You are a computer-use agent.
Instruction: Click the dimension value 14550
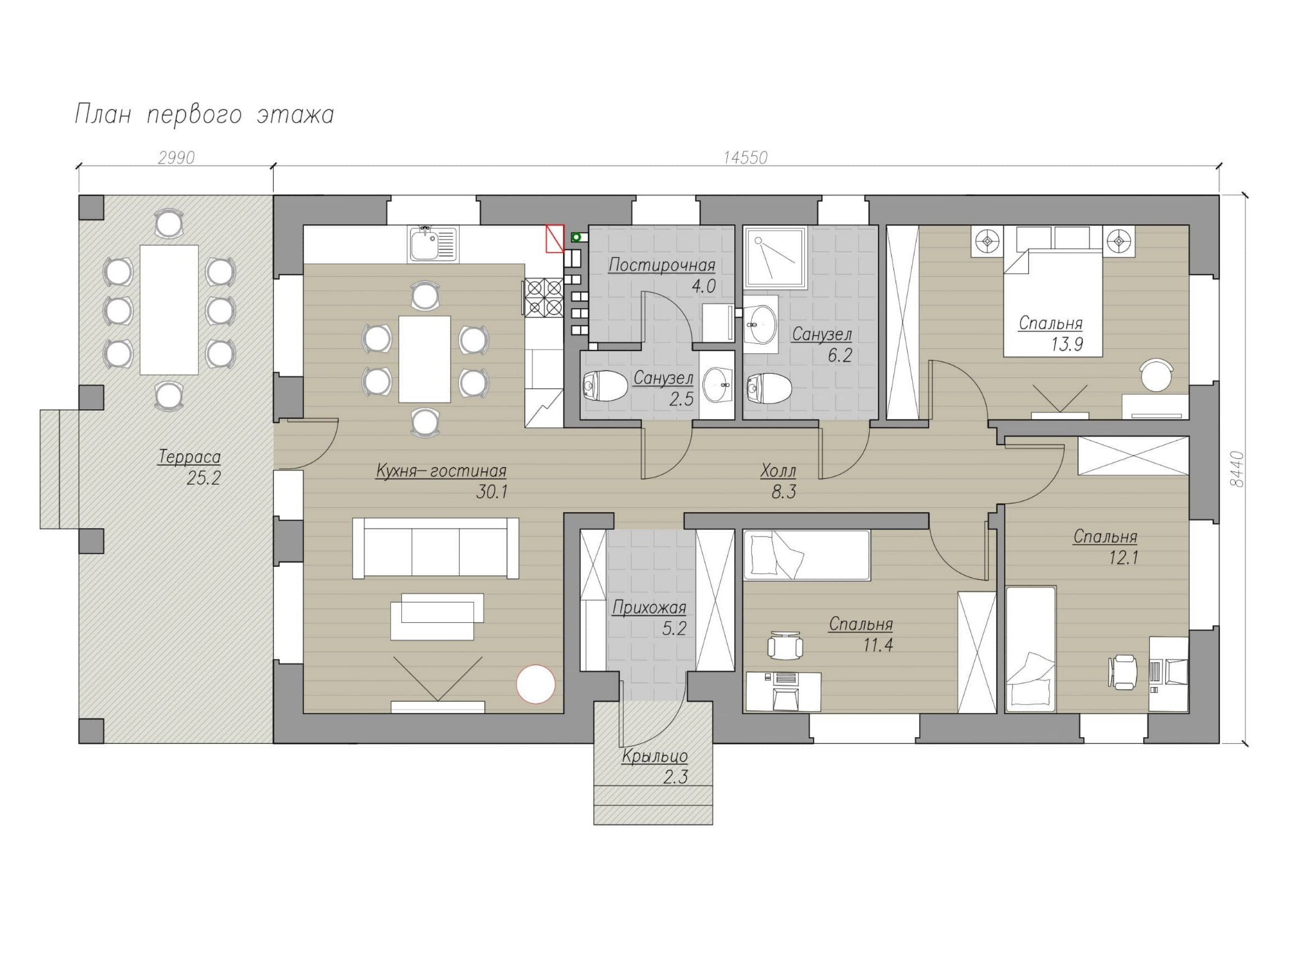click(x=745, y=158)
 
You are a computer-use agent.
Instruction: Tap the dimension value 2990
click(x=176, y=158)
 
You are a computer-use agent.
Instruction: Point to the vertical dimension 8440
click(x=1236, y=469)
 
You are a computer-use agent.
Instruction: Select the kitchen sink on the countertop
click(x=433, y=244)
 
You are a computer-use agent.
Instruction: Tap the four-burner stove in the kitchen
click(x=543, y=297)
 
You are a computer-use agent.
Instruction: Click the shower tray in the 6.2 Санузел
click(x=776, y=258)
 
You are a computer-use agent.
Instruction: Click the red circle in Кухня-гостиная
click(x=535, y=684)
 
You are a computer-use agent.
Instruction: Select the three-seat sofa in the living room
click(x=435, y=548)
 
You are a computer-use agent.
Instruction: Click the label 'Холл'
click(x=778, y=471)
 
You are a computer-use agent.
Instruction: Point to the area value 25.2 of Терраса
click(x=203, y=479)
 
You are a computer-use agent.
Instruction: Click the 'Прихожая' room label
click(x=649, y=608)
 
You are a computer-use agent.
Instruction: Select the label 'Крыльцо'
click(x=654, y=756)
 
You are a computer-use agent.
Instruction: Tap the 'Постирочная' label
click(x=662, y=265)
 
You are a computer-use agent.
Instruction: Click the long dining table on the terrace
click(x=169, y=310)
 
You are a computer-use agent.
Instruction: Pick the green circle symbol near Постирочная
click(x=576, y=237)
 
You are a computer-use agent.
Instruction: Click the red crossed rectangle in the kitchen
click(x=555, y=239)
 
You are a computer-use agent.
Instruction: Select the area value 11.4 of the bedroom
click(x=877, y=646)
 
